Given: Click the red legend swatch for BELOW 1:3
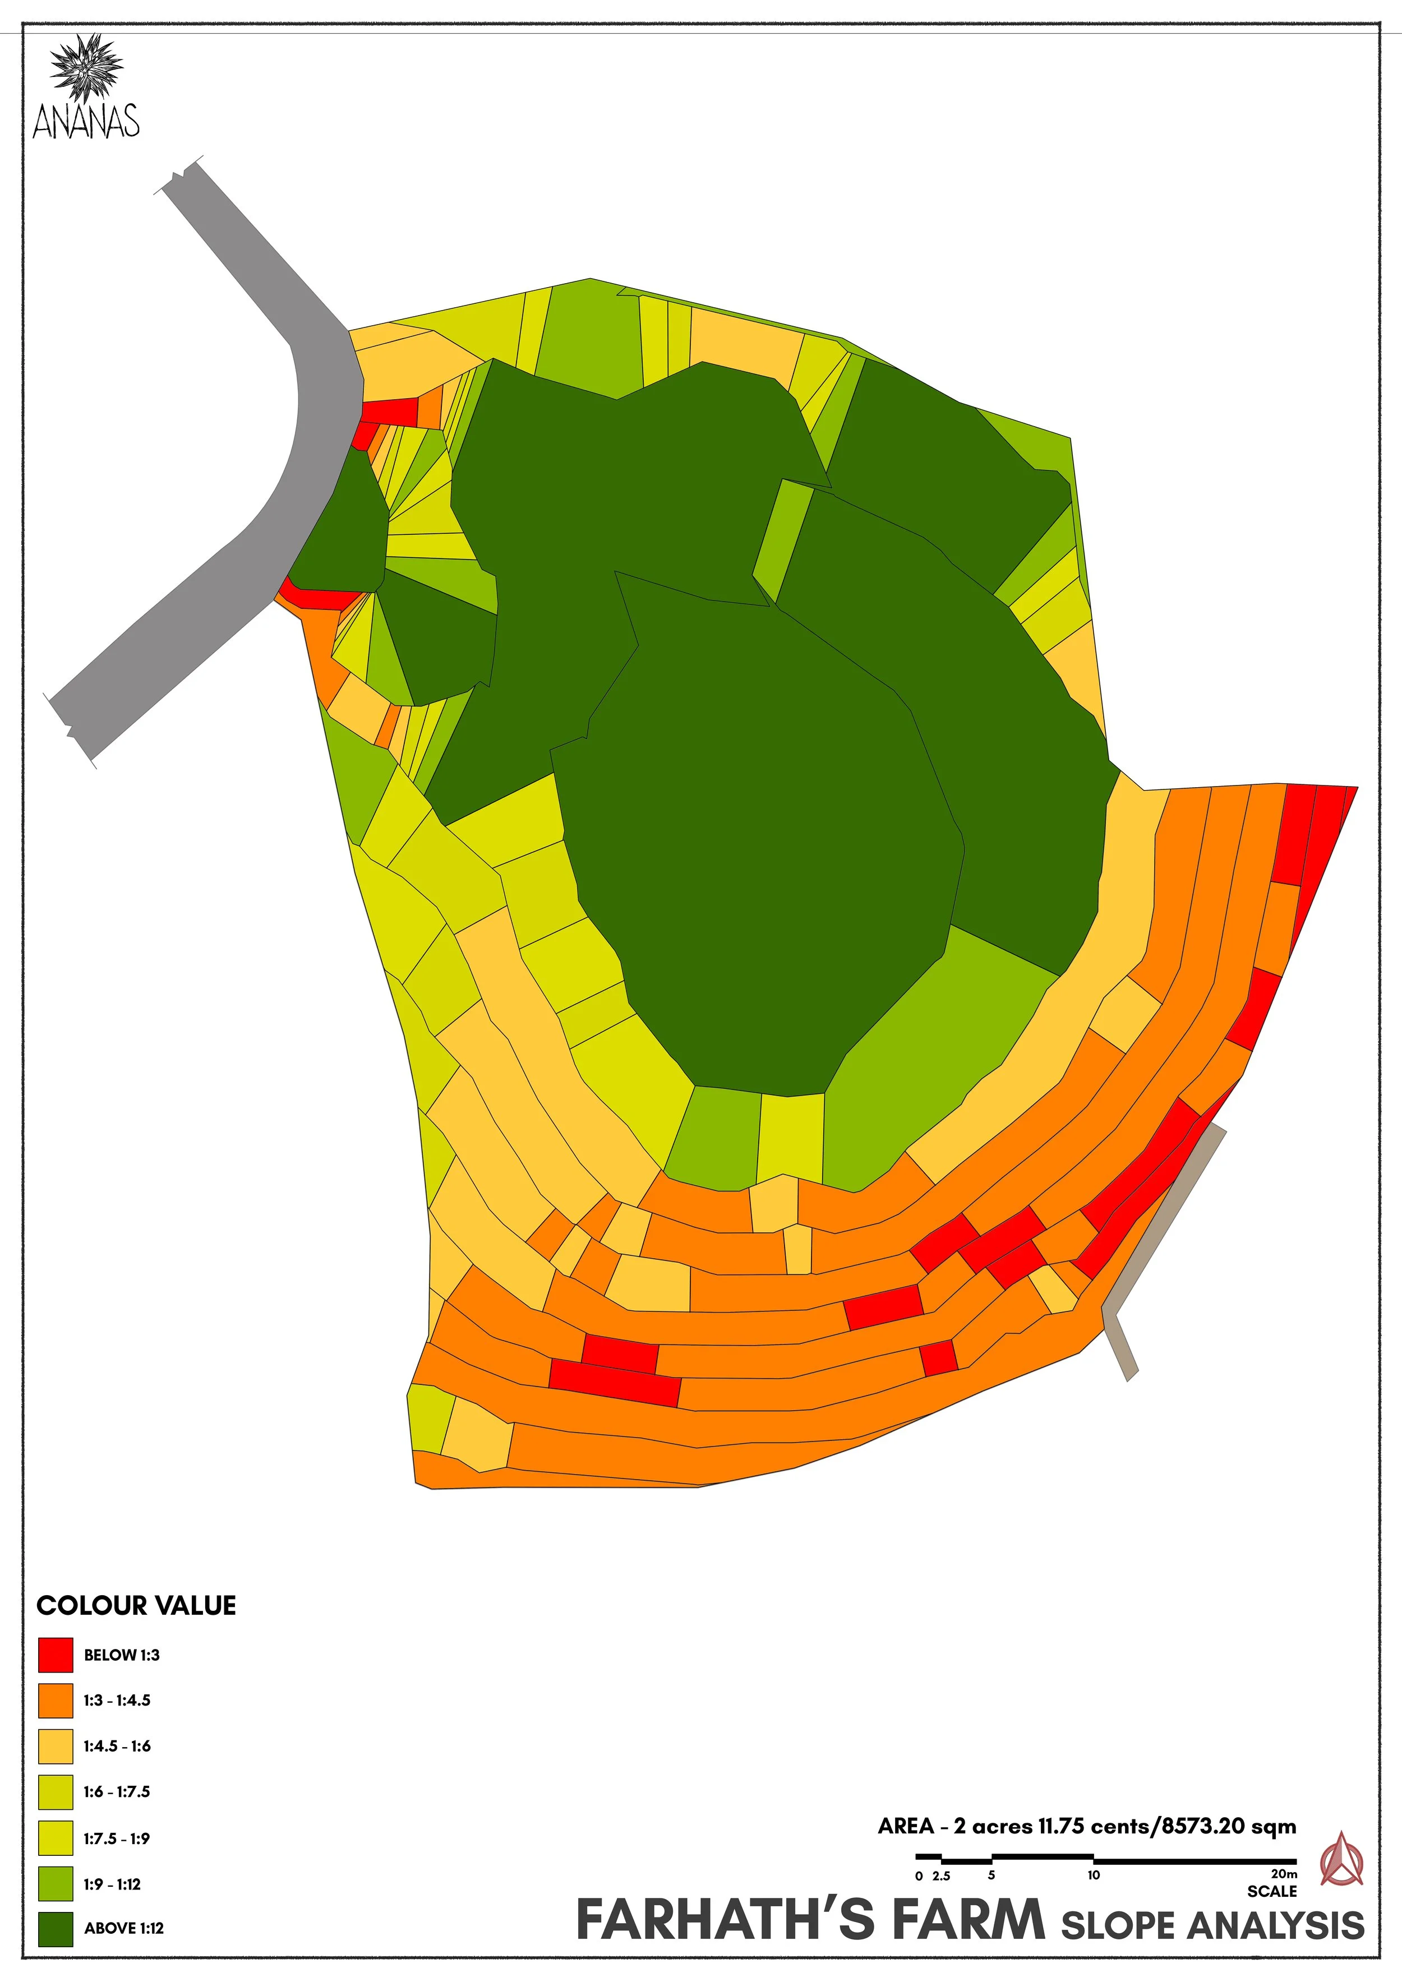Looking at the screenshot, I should [56, 1655].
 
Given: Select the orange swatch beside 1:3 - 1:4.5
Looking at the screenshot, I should [56, 1700].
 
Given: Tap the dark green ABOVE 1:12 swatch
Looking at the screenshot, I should [56, 1929].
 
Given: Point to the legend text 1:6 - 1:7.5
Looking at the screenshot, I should [117, 1791].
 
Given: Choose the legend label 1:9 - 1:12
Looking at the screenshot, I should [112, 1883].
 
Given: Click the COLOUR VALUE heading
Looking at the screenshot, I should [136, 1606].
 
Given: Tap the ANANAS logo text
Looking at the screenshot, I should [86, 121].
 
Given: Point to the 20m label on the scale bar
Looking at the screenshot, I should [1284, 1874].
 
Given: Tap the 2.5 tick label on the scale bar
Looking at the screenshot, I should [941, 1876].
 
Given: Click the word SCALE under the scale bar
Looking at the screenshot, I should [1272, 1891].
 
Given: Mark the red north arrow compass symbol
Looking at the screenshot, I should [1341, 1860].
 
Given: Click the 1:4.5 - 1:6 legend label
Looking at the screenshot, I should [117, 1745].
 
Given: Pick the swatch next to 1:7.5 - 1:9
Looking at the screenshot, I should [56, 1838].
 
